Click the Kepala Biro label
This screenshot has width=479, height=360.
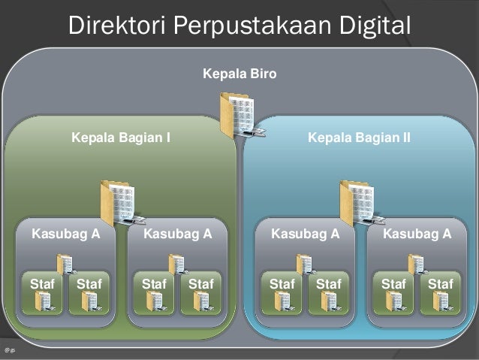tap(239, 74)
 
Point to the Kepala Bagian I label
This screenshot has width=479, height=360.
tap(120, 138)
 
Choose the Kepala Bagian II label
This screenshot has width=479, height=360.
tap(359, 138)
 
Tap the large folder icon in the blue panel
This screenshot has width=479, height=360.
tap(359, 203)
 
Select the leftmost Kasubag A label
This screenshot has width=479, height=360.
tap(65, 234)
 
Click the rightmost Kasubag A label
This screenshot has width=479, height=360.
tap(417, 234)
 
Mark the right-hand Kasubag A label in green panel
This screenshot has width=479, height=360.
tap(177, 234)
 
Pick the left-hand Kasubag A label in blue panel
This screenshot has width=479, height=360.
tap(305, 234)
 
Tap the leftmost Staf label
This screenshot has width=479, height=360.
tap(42, 283)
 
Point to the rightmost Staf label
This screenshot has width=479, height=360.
tap(440, 283)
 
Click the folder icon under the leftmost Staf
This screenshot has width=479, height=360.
tap(44, 301)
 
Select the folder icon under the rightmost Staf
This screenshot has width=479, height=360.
tap(441, 301)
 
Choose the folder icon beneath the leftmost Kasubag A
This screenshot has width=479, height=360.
tap(65, 264)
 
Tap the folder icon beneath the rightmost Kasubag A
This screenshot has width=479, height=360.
tap(417, 264)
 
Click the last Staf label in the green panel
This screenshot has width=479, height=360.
tap(200, 283)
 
